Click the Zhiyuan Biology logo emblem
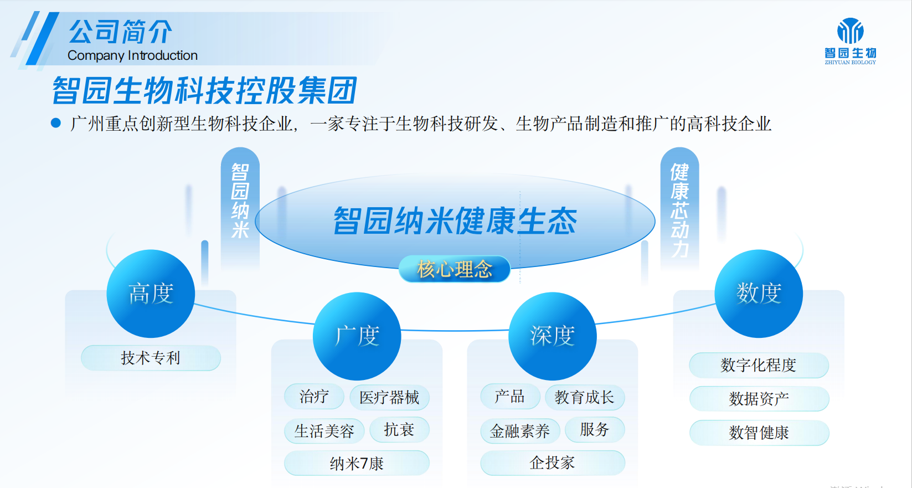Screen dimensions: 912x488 (850, 30)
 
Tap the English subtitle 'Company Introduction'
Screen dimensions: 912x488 (132, 55)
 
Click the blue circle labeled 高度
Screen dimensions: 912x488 (151, 293)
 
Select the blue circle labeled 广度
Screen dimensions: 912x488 (357, 336)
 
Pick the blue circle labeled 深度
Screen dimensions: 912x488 (553, 336)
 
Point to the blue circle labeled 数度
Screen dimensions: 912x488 (759, 293)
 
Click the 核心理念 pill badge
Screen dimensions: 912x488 (455, 269)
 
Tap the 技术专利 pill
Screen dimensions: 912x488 (151, 358)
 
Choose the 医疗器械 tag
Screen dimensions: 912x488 (389, 397)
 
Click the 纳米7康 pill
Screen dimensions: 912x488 (357, 463)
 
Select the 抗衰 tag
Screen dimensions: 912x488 (399, 429)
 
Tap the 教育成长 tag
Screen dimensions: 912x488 (585, 397)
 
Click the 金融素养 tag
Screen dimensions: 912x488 (520, 431)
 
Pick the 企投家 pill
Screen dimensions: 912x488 (553, 463)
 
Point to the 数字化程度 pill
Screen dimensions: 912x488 (759, 365)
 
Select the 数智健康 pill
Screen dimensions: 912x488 (759, 433)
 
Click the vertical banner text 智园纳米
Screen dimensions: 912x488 (240, 201)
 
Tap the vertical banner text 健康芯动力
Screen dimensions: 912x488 (679, 210)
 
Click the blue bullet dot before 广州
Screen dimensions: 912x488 (56, 123)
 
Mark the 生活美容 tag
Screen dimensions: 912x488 (324, 431)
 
